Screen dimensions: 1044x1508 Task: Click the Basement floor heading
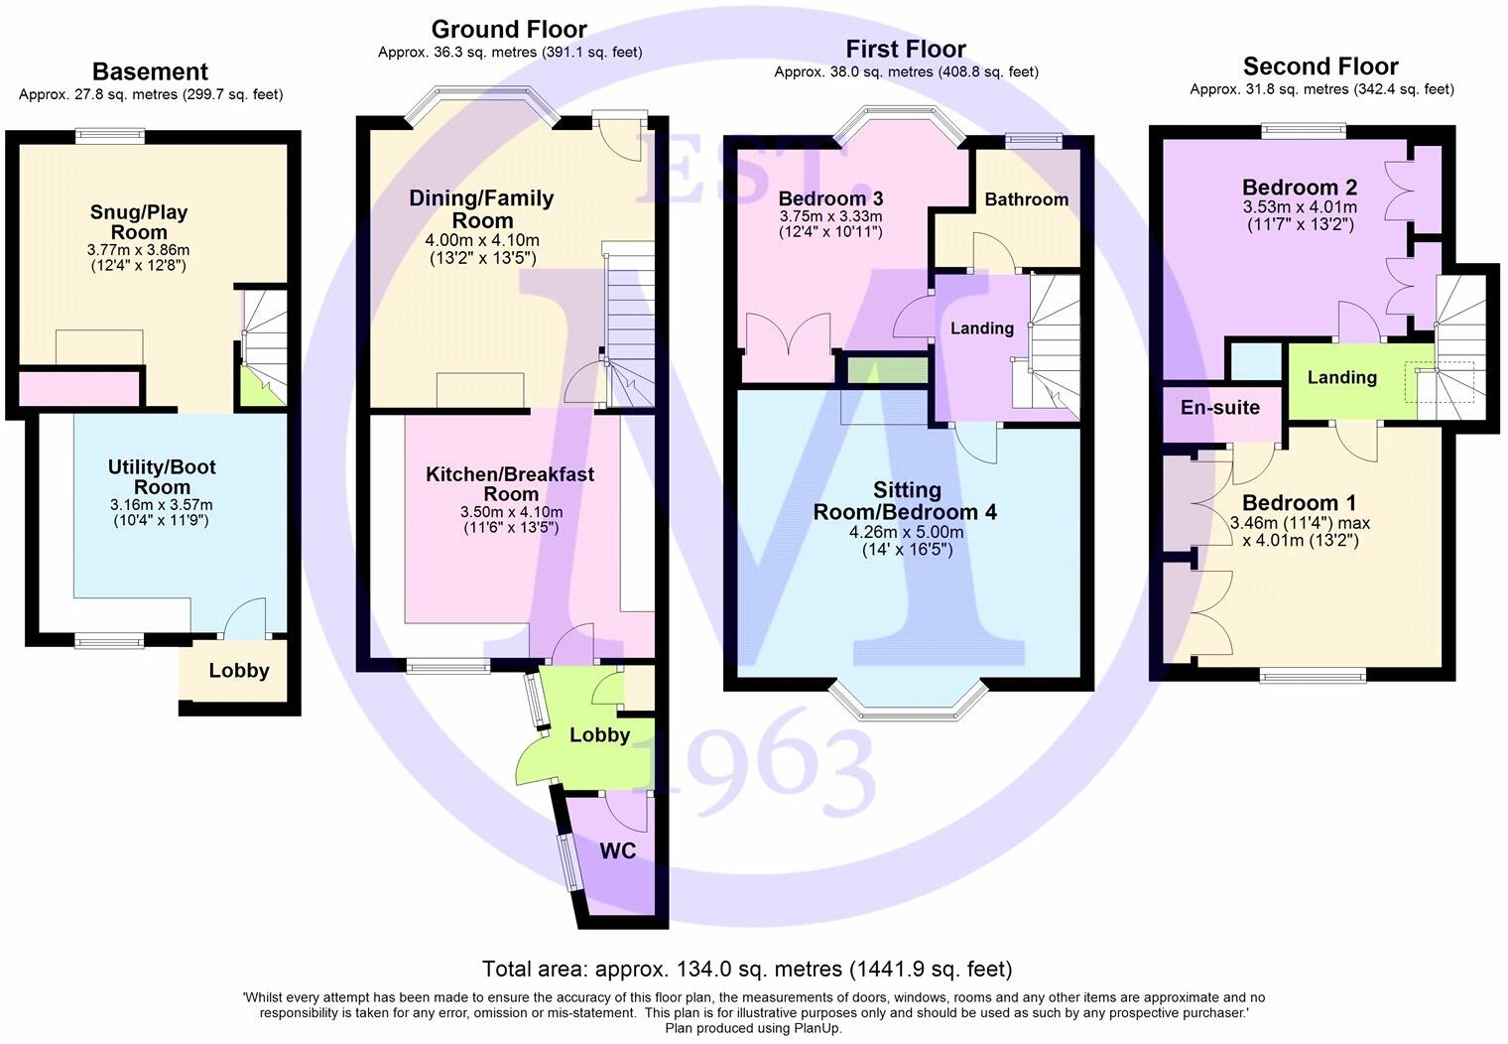point(150,71)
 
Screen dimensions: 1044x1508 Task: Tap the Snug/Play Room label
point(139,222)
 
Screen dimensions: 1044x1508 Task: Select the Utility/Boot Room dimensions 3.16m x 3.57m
point(162,505)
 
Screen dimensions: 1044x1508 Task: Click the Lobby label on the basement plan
point(238,671)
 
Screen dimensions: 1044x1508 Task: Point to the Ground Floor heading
point(509,30)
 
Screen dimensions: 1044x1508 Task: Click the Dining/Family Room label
point(482,209)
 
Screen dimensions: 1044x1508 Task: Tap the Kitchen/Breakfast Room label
point(510,484)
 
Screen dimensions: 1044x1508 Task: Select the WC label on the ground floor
point(616,851)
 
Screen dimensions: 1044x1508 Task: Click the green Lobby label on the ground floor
point(599,734)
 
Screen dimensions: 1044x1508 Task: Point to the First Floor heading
point(905,50)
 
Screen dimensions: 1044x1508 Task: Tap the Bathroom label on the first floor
point(1026,199)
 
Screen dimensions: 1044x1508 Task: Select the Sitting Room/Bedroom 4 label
point(905,501)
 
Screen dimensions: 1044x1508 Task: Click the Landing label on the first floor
point(982,328)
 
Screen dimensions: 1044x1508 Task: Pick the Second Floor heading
point(1320,66)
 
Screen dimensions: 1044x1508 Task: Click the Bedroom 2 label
point(1300,188)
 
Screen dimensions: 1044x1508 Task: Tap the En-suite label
point(1220,407)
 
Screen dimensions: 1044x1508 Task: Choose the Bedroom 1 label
point(1299,503)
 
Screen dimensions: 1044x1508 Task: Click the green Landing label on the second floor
point(1341,377)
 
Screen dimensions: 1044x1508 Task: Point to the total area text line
point(747,969)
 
